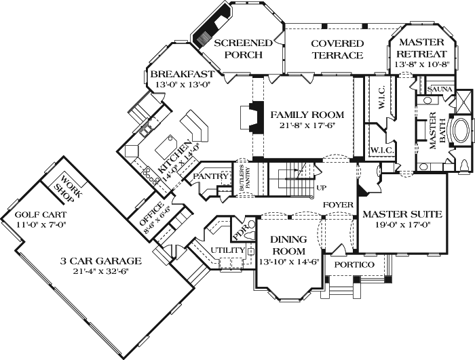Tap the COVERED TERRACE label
pyautogui.click(x=337, y=49)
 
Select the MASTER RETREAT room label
pyautogui.click(x=421, y=47)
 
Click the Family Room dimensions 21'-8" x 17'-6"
pyautogui.click(x=307, y=126)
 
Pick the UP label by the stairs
pyautogui.click(x=322, y=186)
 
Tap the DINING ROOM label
pyautogui.click(x=288, y=245)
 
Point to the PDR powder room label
pyautogui.click(x=241, y=231)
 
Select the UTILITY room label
pyautogui.click(x=228, y=251)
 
